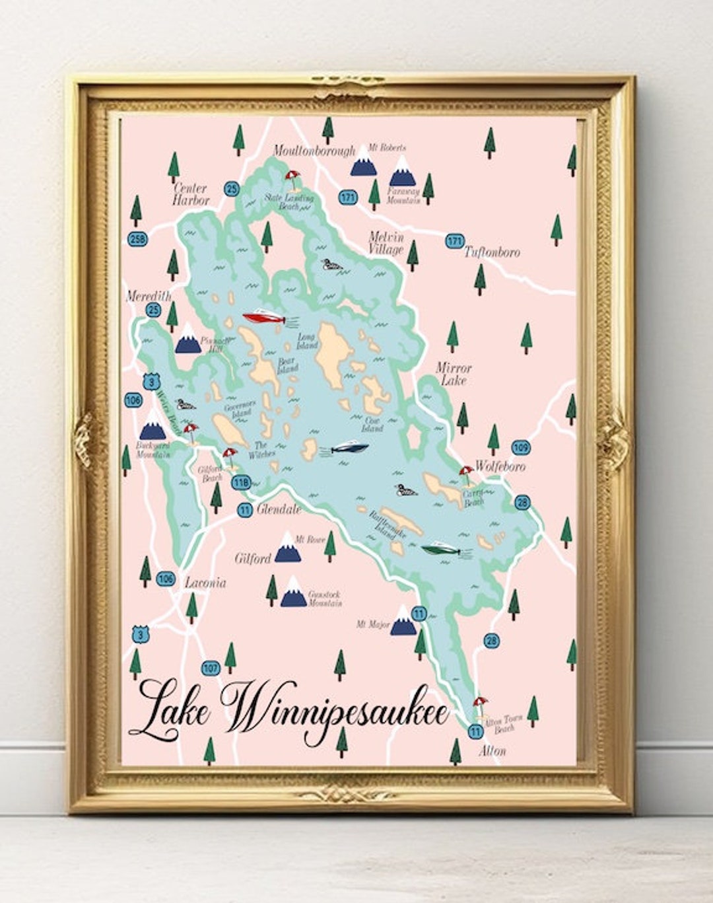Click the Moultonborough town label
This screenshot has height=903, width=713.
(314, 151)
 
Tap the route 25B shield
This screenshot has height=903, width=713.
(137, 238)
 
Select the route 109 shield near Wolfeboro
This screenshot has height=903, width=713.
(521, 448)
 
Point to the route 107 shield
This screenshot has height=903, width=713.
(211, 668)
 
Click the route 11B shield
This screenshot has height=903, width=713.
(242, 483)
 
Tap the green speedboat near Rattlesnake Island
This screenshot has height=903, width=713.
(441, 548)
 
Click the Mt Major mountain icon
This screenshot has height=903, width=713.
(403, 622)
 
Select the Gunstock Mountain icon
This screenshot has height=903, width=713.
(293, 593)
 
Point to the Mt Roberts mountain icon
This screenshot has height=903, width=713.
(363, 162)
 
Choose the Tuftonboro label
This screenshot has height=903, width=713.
(492, 252)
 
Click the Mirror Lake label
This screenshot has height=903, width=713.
(454, 374)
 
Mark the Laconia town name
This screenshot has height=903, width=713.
(205, 583)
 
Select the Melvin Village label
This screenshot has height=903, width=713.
(386, 243)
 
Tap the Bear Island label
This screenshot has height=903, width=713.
(287, 365)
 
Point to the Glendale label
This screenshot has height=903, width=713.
(278, 509)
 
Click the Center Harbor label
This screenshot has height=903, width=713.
(191, 194)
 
